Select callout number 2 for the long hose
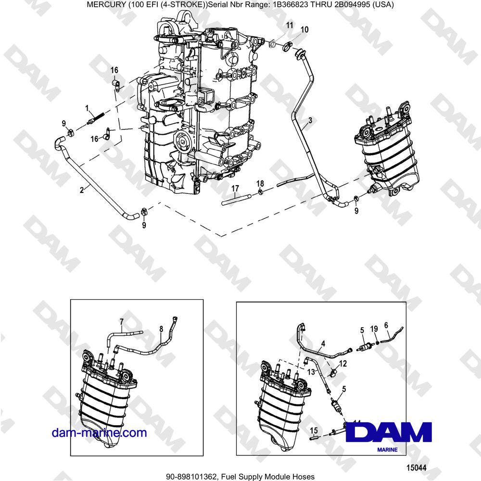(x=82, y=190)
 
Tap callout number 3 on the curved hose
(x=310, y=120)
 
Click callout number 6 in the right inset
(x=386, y=326)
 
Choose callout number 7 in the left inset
(x=121, y=320)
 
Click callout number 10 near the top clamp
(x=304, y=30)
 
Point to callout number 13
(x=311, y=372)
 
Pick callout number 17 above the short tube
(x=236, y=189)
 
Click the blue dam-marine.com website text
(x=99, y=432)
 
